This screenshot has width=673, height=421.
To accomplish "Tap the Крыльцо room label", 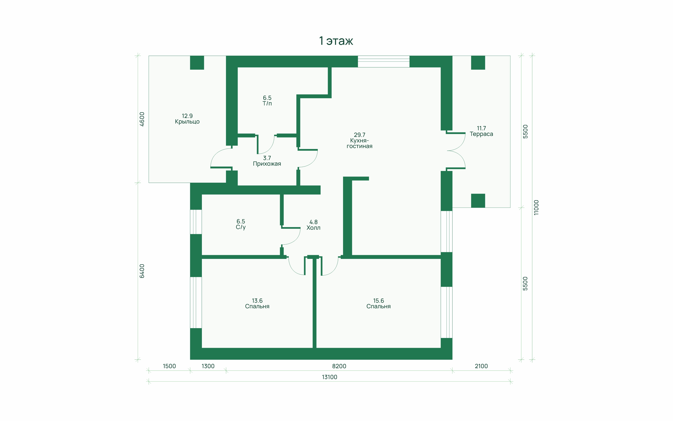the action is coord(187,122).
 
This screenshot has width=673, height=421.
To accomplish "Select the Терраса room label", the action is coord(481,134).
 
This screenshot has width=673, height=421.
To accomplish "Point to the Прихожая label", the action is coord(267,164).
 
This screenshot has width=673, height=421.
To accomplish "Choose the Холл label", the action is coord(313,228).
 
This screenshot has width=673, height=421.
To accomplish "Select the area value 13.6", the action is coord(257,301).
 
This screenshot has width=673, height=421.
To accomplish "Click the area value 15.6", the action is coord(378,301).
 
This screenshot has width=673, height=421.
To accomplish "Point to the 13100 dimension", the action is coord(329,377).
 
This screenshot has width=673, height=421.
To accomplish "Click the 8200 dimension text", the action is coord(339,366).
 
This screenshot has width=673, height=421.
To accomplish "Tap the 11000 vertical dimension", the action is coord(536,207).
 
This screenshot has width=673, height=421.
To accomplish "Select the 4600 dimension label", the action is coord(142,119).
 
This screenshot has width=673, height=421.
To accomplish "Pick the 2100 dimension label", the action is coord(481,366).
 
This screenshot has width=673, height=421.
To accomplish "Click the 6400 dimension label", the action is coord(142,271).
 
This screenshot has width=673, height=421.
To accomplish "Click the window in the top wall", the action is coord(383,62).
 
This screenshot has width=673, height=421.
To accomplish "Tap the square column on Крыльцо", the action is coord(197,63).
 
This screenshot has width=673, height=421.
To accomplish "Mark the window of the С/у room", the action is coord(196,222).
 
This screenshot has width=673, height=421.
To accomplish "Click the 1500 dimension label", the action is coord(169,366).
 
